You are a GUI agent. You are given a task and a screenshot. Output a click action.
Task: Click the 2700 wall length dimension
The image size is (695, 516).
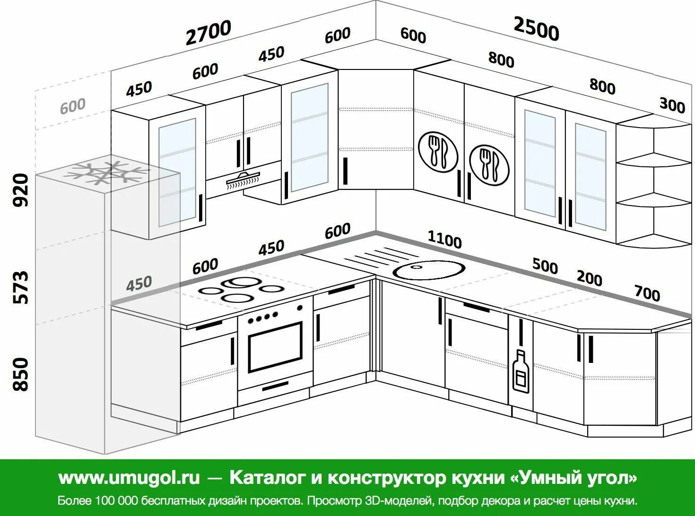[x=208, y=32]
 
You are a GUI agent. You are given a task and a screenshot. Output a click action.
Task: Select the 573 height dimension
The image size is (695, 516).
[x=21, y=287]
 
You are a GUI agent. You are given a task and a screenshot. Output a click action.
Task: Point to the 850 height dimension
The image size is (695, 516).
[x=21, y=374]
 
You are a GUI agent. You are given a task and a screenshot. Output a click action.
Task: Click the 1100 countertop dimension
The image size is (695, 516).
[x=444, y=240]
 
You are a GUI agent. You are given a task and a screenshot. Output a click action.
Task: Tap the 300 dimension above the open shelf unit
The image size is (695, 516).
[x=672, y=104]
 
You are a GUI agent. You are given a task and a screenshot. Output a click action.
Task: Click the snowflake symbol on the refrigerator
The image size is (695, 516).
[x=107, y=173]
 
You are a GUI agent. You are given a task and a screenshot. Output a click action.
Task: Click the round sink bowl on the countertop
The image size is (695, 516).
[x=429, y=270]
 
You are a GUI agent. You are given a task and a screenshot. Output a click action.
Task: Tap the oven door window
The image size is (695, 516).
[x=275, y=347]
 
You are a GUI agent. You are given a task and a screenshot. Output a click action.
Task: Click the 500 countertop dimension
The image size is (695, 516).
[x=545, y=266]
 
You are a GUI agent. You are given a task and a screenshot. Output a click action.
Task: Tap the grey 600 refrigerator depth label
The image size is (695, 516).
[x=73, y=106]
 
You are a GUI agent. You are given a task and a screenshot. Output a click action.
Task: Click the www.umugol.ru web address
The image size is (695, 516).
[x=129, y=478]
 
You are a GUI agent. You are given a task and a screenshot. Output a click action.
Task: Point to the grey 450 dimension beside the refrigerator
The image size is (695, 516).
[x=139, y=284]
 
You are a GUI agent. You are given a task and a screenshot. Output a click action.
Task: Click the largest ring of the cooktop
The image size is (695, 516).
[x=243, y=282]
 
